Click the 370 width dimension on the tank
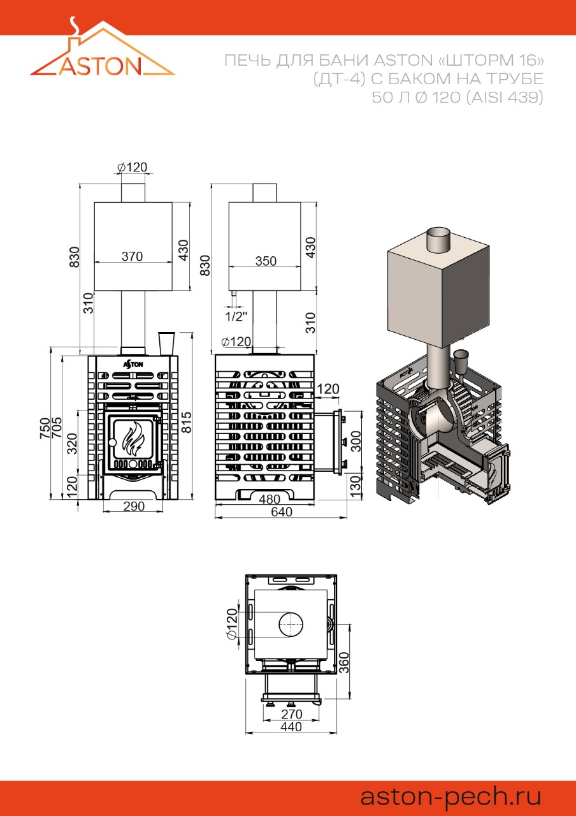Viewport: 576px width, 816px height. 132,256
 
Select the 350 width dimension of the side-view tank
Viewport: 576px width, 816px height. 266,261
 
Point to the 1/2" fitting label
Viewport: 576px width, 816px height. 236,317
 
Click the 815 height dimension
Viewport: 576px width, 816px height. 187,422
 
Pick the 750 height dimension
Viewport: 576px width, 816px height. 45,428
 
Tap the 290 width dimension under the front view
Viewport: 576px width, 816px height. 134,506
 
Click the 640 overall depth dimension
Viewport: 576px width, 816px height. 282,512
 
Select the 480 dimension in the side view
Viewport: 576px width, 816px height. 270,499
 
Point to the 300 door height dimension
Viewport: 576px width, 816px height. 356,441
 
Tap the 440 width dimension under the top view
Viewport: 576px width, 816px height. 291,727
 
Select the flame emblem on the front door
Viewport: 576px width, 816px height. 133,439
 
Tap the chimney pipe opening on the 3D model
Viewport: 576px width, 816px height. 438,233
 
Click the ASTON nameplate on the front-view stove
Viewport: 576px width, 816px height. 133,364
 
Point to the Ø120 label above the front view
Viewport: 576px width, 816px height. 132,167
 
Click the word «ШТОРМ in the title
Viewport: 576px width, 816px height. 472,60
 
